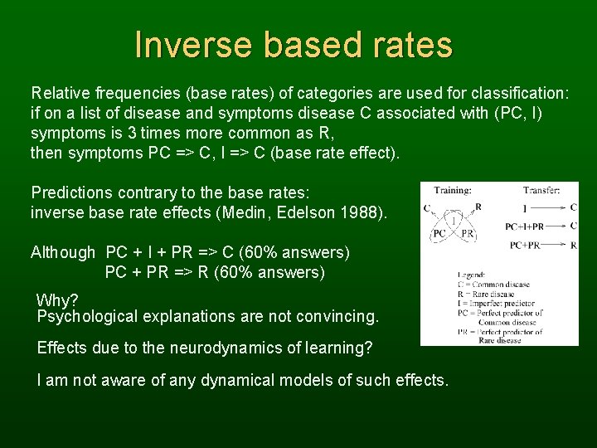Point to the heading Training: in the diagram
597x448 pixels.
[x=453, y=190]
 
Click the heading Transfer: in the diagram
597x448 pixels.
[x=542, y=190]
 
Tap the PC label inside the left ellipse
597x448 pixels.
[x=440, y=235]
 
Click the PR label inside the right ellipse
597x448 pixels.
[x=468, y=235]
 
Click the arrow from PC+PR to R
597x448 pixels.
[x=551, y=246]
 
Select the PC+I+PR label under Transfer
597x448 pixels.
[x=524, y=226]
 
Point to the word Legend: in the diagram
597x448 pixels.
[x=472, y=275]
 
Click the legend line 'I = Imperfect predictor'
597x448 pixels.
[x=498, y=303]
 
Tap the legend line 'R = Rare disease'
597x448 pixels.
[x=486, y=294]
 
